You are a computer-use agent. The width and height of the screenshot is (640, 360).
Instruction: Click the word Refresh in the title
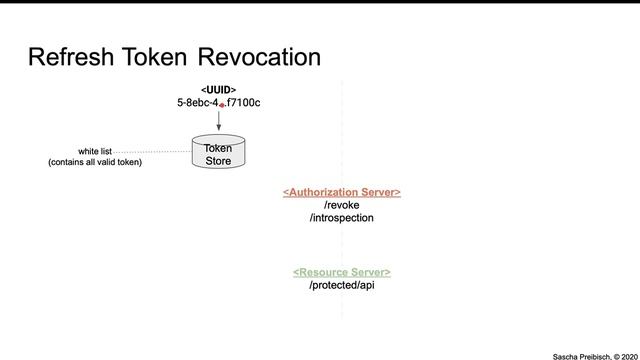(x=71, y=57)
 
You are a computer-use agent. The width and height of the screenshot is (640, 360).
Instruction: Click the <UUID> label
(x=218, y=89)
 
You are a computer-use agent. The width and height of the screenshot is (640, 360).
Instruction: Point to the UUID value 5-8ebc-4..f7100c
(x=218, y=103)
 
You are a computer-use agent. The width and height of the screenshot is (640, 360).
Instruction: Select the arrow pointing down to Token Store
(x=218, y=120)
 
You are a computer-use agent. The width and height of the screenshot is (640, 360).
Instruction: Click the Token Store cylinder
(x=218, y=152)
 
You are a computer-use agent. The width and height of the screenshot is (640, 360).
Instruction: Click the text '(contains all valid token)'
(x=95, y=162)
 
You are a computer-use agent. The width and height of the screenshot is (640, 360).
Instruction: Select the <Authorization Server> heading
(x=342, y=191)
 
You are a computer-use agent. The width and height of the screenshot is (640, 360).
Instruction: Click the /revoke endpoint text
(x=342, y=204)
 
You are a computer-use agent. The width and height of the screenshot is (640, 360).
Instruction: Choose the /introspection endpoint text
(x=342, y=217)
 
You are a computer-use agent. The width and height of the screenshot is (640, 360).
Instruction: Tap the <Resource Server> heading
(x=342, y=272)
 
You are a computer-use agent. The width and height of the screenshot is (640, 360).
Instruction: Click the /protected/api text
(x=342, y=285)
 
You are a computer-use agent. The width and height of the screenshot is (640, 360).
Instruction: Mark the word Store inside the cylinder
(x=218, y=160)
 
